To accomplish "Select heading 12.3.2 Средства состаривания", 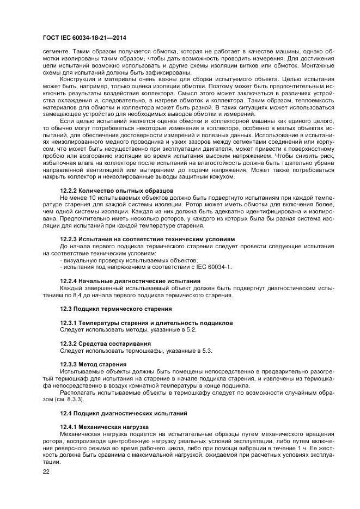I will (x=97, y=344).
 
